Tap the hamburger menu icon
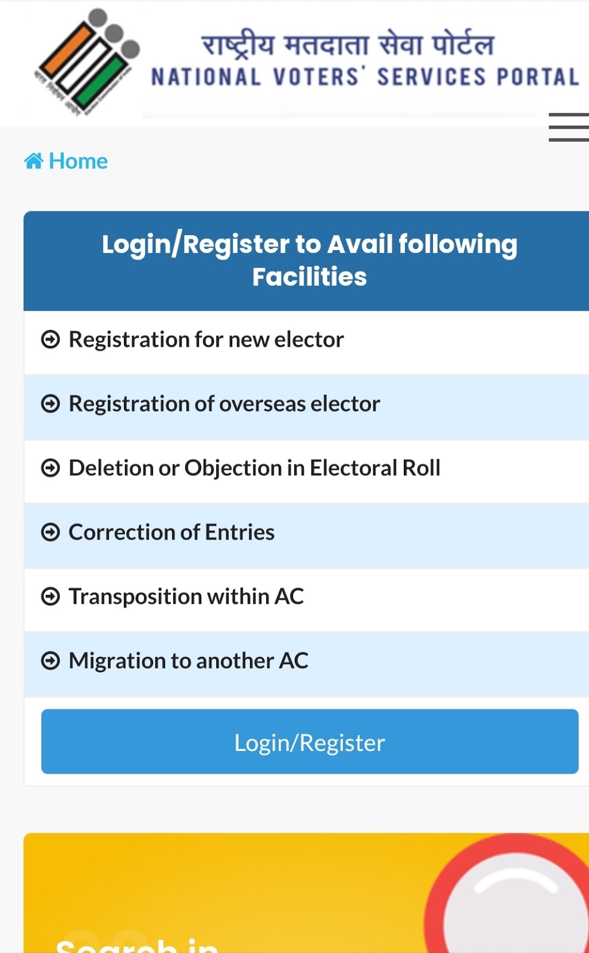click(569, 127)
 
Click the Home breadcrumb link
click(78, 161)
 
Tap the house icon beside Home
click(33, 161)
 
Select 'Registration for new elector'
click(206, 340)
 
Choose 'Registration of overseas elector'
click(224, 404)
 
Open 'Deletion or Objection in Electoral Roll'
click(254, 468)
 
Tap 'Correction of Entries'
click(172, 532)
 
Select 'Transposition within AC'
click(186, 597)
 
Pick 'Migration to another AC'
click(188, 661)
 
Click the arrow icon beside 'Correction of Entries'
click(51, 532)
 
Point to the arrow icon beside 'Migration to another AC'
click(51, 661)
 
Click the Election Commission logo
click(87, 61)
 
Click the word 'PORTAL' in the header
click(538, 77)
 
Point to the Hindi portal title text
click(348, 44)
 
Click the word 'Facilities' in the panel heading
click(310, 277)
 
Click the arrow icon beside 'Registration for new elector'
click(51, 340)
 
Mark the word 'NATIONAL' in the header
click(206, 77)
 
